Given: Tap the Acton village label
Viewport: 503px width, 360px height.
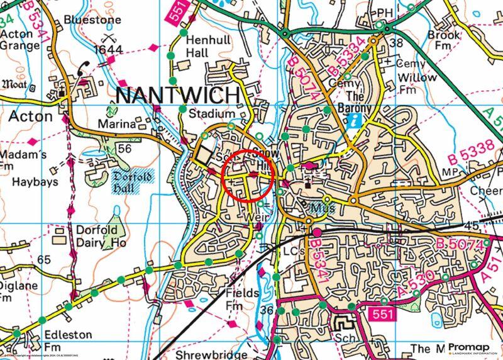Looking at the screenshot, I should pyautogui.click(x=30, y=116).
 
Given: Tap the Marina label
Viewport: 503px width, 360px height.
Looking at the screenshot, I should pyautogui.click(x=116, y=125).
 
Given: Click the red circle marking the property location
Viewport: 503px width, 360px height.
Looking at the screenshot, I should pyautogui.click(x=249, y=176).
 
